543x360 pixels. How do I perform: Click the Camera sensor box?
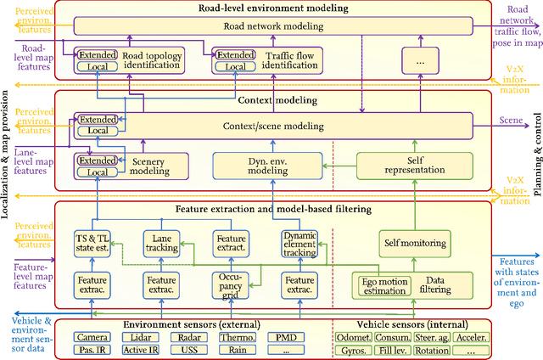pos(91,337)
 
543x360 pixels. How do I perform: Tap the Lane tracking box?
pos(160,245)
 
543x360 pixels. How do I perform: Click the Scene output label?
pos(512,121)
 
